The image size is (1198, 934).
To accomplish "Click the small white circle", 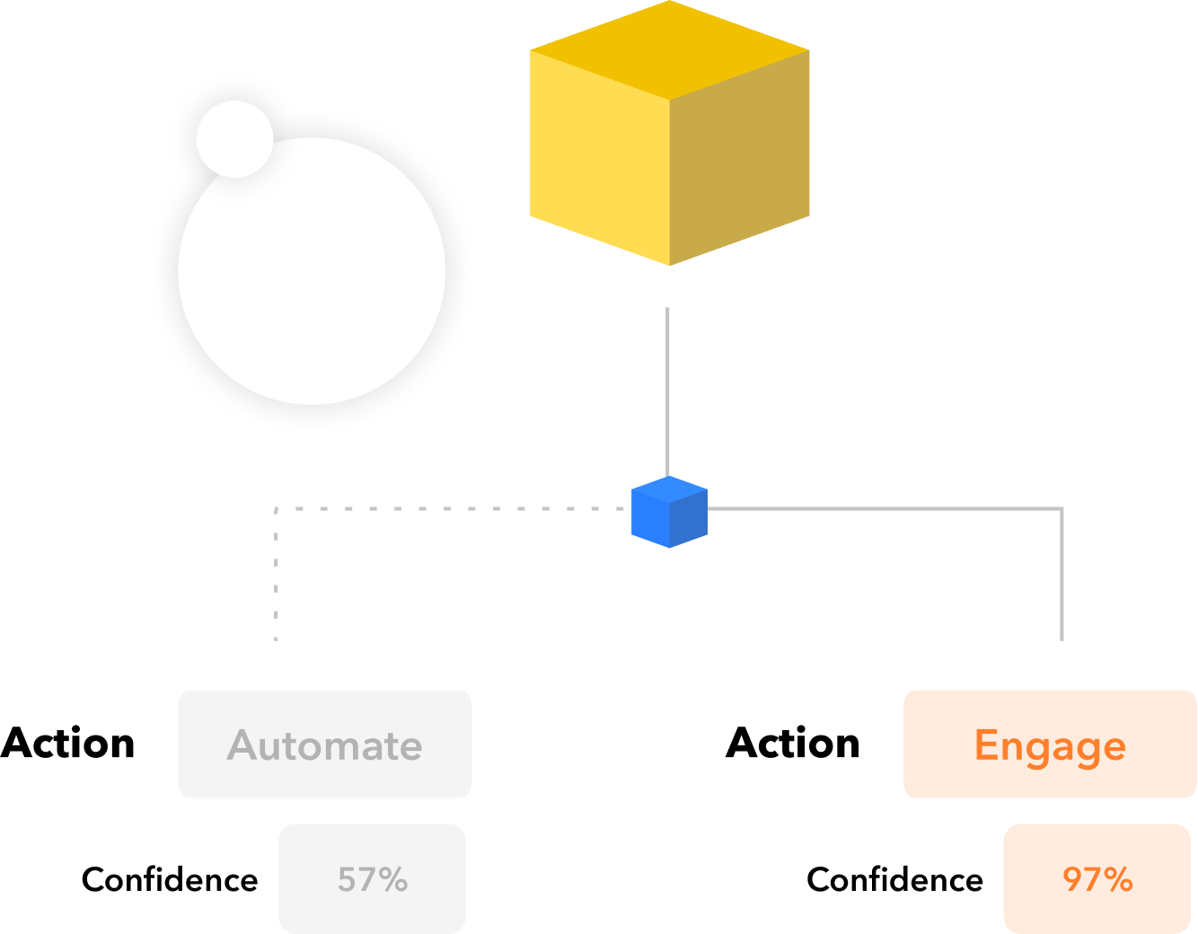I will (234, 138).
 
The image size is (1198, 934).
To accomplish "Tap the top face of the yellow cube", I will (670, 49).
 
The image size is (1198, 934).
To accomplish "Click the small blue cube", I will (669, 513).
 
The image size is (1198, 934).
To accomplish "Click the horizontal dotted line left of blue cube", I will (449, 509).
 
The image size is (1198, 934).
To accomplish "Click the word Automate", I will (325, 745).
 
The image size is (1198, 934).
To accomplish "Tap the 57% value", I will (373, 879).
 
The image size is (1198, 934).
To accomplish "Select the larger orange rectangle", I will (1049, 744).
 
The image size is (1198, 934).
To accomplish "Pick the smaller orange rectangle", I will (1097, 877).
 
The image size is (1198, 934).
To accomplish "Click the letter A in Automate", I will (243, 745).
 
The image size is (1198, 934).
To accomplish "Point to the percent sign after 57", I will (393, 880).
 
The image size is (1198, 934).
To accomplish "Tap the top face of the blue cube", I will (669, 490).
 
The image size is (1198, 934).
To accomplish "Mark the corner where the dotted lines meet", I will (276, 509).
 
